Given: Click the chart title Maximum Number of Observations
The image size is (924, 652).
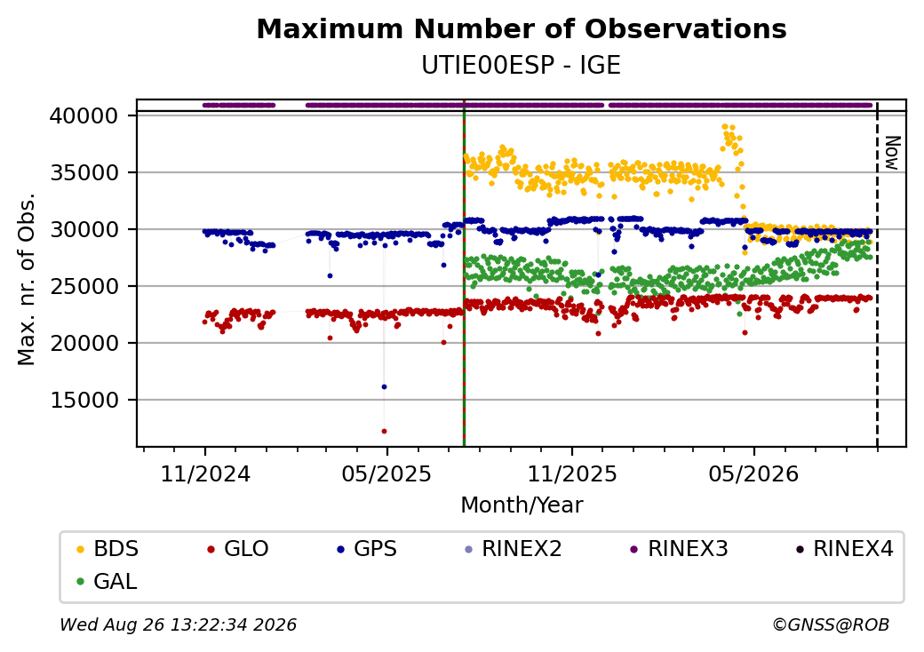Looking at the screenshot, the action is [x=522, y=28].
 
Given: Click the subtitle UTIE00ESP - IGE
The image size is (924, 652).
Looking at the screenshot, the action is [x=521, y=66].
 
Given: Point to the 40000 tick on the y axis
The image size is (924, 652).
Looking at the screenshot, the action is [x=84, y=116].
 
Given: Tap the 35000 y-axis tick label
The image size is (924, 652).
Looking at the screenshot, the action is [x=84, y=172].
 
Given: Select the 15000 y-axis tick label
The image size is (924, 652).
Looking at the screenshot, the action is [x=84, y=400].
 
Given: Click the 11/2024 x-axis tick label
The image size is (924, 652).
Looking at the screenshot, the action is [x=205, y=473].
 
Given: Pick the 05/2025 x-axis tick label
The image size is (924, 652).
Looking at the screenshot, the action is [x=386, y=473].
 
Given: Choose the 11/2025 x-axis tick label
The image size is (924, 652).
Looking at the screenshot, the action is [x=571, y=473].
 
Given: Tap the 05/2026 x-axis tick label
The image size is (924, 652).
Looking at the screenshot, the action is [x=753, y=473].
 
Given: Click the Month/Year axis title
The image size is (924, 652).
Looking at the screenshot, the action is [x=522, y=505].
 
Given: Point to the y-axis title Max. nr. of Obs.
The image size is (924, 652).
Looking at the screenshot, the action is [x=27, y=279].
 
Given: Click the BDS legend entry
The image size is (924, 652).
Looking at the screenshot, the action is [x=108, y=549].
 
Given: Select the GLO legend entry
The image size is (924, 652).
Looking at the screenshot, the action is [x=237, y=549].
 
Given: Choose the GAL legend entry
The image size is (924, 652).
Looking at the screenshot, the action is [x=107, y=581].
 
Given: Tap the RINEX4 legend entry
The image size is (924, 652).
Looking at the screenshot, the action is [x=844, y=549].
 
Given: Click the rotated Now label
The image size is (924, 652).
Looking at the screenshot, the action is [x=892, y=153].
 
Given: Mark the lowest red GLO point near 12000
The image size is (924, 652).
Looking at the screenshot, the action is [x=384, y=431].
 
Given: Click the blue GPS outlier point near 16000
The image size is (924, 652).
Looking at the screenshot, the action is [x=384, y=387].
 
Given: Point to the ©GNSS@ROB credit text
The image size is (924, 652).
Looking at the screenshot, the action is [x=831, y=624].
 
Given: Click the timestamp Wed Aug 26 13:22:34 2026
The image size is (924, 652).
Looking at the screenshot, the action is [x=178, y=624].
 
